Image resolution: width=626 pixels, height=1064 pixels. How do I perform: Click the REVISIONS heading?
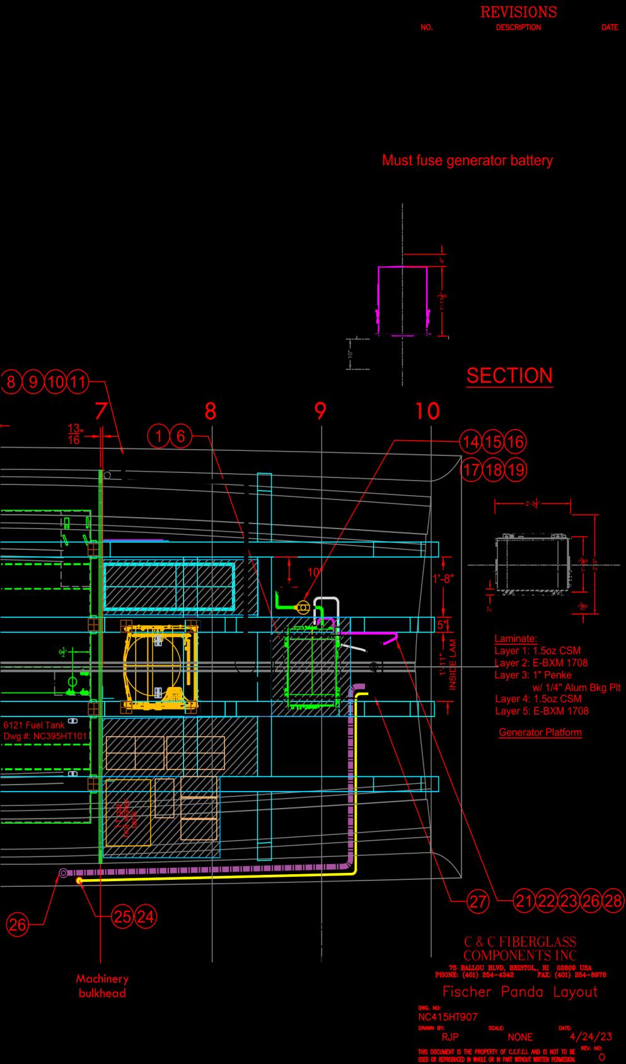518,12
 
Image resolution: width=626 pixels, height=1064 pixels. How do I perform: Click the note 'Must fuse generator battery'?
467,160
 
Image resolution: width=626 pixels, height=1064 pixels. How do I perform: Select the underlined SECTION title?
509,376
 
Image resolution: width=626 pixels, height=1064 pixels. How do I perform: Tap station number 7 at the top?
101,411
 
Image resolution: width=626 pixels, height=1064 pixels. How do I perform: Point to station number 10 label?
427,411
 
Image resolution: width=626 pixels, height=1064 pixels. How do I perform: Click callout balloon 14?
470,442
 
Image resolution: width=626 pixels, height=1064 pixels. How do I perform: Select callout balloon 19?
516,470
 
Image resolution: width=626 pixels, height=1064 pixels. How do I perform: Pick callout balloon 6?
181,436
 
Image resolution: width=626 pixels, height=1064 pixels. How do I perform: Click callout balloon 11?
78,382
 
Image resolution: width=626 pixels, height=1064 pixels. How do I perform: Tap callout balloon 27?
478,901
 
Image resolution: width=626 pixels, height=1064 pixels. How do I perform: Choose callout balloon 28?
613,901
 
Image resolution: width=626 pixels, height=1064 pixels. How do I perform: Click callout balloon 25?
123,916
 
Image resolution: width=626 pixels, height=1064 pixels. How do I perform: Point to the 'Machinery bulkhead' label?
102,986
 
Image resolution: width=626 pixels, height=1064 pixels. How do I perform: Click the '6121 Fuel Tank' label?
34,725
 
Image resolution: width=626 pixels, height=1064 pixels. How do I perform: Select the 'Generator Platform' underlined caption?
540,733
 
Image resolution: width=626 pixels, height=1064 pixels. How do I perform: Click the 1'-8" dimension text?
443,578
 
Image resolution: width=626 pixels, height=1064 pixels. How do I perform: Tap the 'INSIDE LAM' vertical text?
453,664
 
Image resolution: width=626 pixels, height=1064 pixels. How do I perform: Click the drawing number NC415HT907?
448,1017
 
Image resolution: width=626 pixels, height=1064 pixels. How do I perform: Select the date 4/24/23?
591,1036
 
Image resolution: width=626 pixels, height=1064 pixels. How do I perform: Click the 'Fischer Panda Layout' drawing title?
519,991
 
